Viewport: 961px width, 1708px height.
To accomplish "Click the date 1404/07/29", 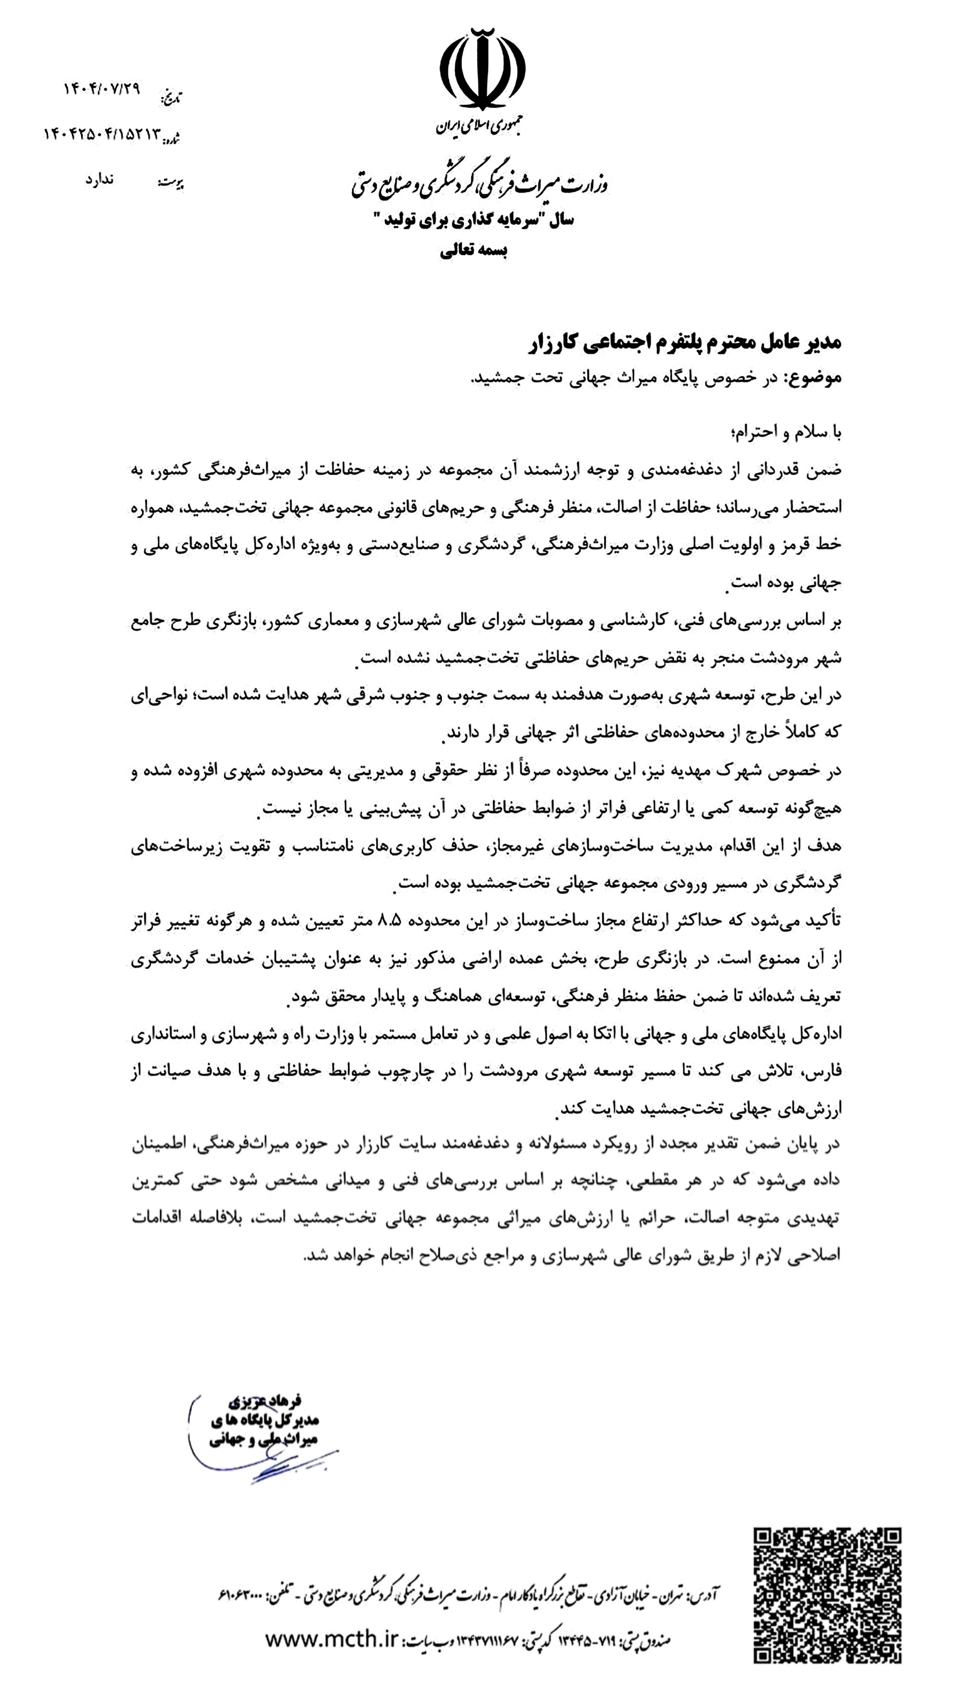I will point(102,90).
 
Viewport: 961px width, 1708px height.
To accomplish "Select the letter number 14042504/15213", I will point(102,134).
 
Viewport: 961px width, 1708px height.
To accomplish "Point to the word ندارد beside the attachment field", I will point(99,180).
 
